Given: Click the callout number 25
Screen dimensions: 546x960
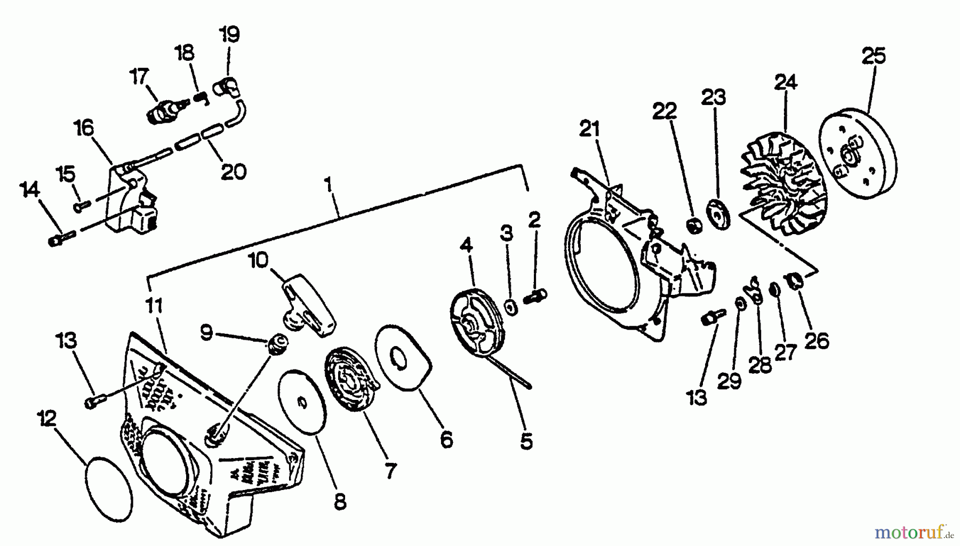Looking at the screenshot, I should [873, 55].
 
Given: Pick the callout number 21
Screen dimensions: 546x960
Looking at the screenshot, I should [589, 129].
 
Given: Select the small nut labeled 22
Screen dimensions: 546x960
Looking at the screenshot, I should [694, 226].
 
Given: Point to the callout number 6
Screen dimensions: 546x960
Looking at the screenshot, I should [446, 440].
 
